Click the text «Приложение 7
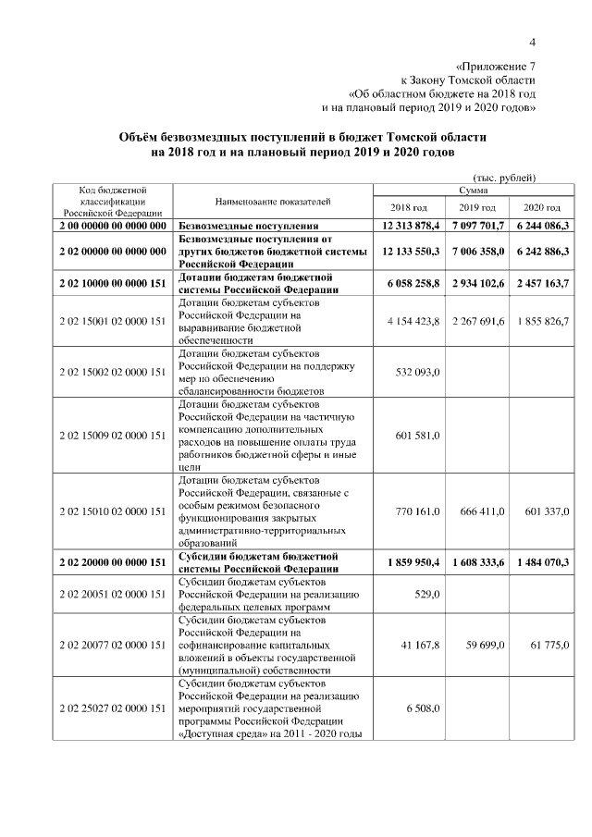(497, 67)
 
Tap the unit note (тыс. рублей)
(505, 177)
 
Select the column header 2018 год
(409, 207)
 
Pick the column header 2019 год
(476, 207)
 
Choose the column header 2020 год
(542, 207)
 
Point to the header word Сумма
(475, 189)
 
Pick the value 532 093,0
(418, 372)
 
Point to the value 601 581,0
(418, 436)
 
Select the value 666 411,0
(483, 511)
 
